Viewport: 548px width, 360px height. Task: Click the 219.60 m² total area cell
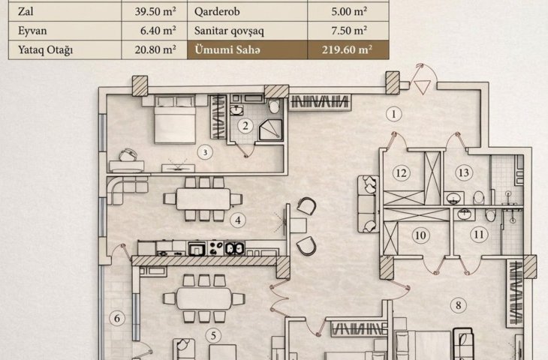click(x=347, y=49)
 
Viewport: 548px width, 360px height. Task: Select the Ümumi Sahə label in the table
click(x=227, y=49)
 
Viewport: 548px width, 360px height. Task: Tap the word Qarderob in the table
click(x=217, y=11)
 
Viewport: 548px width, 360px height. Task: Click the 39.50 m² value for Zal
click(x=155, y=11)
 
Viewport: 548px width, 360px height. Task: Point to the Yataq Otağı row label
click(x=46, y=50)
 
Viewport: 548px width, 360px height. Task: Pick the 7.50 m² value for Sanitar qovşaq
click(x=349, y=31)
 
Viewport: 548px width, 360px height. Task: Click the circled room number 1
click(x=394, y=114)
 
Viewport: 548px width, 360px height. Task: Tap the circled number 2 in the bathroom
click(x=245, y=126)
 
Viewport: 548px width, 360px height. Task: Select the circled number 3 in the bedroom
click(x=205, y=152)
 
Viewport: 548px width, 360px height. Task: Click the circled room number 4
click(x=238, y=220)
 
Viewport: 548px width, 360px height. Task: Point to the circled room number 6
click(x=117, y=319)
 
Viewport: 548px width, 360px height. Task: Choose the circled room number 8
click(x=459, y=305)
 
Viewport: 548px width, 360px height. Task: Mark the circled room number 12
click(x=401, y=172)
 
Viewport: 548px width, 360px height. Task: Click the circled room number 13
click(x=464, y=172)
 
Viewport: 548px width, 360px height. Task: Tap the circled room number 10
click(x=420, y=235)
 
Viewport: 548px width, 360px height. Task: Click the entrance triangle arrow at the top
click(x=422, y=86)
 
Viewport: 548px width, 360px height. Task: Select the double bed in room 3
click(x=174, y=119)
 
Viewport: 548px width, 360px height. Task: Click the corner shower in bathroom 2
click(x=270, y=130)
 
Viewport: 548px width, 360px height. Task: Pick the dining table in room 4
click(x=203, y=199)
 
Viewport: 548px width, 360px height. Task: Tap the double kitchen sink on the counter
click(x=234, y=248)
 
